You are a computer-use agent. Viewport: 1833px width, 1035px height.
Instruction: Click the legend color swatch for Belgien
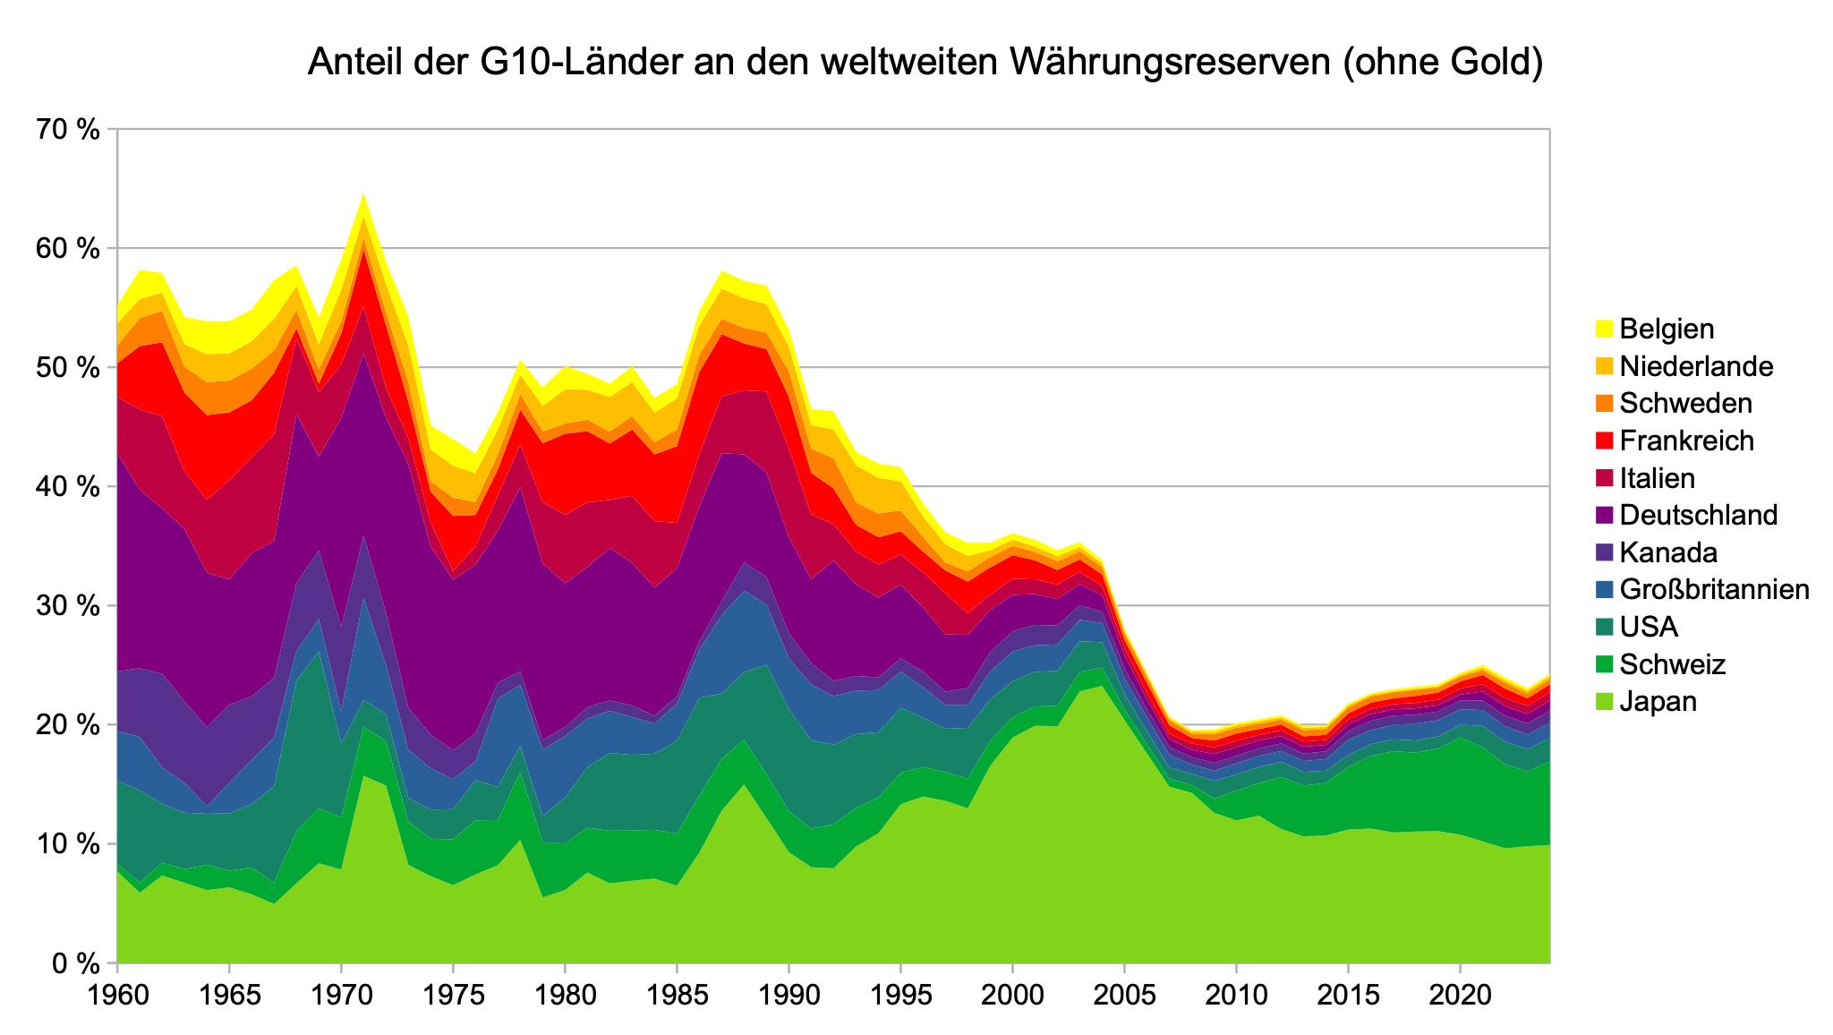(x=1603, y=329)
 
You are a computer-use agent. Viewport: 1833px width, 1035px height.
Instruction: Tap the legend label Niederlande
(x=1696, y=366)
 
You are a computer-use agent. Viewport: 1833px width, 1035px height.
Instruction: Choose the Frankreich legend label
(x=1686, y=441)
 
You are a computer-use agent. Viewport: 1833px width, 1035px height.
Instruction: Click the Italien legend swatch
(x=1603, y=478)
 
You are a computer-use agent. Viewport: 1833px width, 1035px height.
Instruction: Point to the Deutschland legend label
(x=1698, y=515)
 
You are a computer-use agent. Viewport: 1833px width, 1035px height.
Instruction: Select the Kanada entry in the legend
(x=1668, y=552)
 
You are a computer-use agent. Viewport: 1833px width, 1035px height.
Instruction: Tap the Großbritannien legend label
(x=1715, y=589)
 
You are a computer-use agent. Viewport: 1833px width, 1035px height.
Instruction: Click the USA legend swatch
(x=1603, y=627)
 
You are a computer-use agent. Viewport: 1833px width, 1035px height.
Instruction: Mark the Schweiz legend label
(x=1672, y=664)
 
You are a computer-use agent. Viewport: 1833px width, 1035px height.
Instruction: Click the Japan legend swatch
(x=1603, y=701)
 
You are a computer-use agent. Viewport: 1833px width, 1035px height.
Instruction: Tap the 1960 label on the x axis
(x=117, y=997)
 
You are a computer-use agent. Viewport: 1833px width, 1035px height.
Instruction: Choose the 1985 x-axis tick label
(x=677, y=997)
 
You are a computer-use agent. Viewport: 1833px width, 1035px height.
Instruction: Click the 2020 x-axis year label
(x=1460, y=997)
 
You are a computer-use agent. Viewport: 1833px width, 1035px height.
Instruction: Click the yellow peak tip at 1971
(x=363, y=195)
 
